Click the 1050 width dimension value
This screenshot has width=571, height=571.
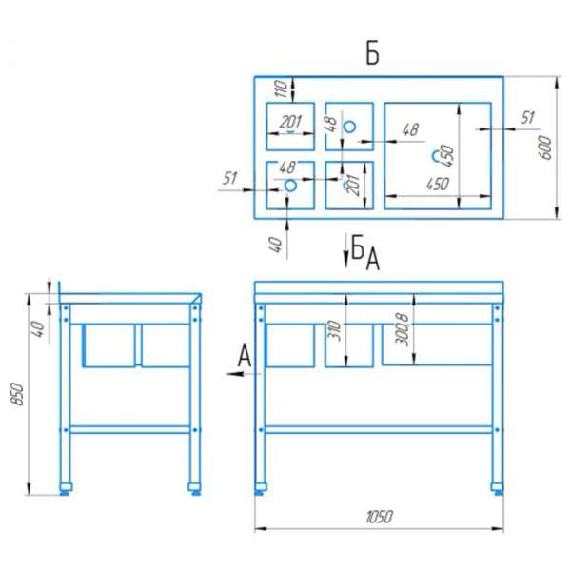coord(379,517)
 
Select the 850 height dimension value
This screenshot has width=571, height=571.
coord(17,394)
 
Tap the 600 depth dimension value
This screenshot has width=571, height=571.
coord(545,148)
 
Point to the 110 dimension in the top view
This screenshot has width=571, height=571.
coord(281,89)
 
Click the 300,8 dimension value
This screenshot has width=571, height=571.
coord(403,329)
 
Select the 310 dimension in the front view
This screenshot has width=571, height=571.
coord(334,330)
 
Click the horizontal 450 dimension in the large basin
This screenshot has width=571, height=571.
coord(438,185)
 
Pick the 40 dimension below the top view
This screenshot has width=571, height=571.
coord(276,245)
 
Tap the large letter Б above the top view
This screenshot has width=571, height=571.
coord(372,54)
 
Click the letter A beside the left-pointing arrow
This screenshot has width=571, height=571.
coord(245,356)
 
